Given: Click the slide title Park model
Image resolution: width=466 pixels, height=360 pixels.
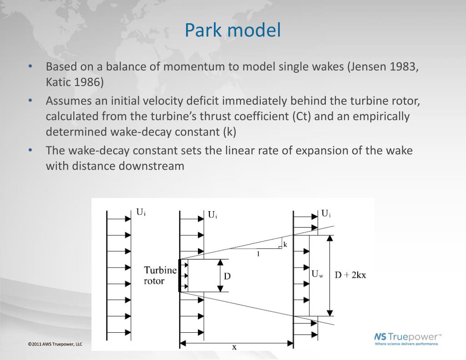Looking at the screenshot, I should point(233,30).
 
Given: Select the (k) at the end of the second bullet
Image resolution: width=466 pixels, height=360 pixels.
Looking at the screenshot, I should point(230,132).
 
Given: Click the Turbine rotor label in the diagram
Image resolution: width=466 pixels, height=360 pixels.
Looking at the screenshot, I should point(160,275).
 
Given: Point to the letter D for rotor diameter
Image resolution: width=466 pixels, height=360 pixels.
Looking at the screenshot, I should point(227,276).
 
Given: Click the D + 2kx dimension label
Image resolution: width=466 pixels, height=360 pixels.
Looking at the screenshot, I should point(350,275).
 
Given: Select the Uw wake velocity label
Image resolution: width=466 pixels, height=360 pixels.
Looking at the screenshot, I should point(317,274).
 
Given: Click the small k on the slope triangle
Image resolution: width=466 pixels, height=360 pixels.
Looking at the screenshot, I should point(285,244).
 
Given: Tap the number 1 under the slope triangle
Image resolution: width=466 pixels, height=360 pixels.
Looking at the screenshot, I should point(258,254).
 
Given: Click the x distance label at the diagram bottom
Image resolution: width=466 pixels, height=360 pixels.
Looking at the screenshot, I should point(234,347).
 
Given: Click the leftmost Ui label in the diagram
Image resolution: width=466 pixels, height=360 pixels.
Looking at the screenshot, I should point(141,212).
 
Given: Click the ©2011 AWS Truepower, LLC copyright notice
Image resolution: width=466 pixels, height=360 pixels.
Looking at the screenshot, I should point(55,344).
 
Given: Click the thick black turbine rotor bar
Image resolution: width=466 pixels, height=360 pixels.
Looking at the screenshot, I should point(180,275).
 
